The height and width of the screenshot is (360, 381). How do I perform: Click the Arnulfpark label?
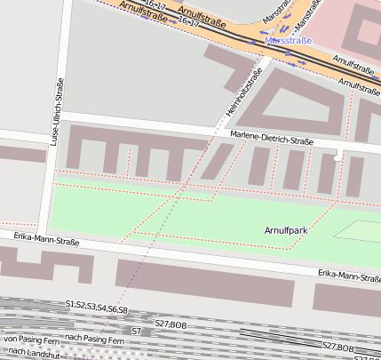[x=286, y=230]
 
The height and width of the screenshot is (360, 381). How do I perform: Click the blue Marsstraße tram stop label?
[x=289, y=41]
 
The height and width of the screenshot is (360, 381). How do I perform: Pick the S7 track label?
[x=136, y=331]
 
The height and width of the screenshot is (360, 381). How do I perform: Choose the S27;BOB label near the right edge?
[x=337, y=346]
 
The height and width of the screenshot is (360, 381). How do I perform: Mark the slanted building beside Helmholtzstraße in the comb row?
[x=212, y=162]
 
